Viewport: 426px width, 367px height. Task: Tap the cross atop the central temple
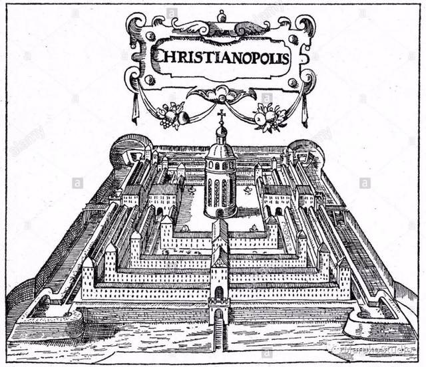coord(221,116)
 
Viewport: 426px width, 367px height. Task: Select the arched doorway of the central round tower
coord(220,212)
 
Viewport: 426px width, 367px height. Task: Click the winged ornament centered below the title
coord(222,94)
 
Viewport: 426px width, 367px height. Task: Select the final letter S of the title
coord(285,56)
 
